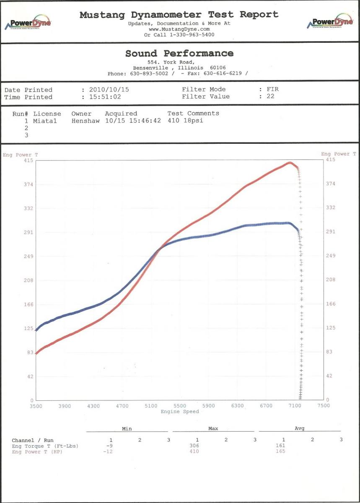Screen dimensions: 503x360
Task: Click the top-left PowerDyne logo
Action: [28, 23]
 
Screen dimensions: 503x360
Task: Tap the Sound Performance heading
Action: [179, 54]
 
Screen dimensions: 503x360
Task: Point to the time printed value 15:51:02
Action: [105, 97]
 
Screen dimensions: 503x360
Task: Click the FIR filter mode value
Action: [272, 89]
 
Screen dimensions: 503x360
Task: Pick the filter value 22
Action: [270, 96]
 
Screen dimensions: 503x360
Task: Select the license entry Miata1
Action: [45, 121]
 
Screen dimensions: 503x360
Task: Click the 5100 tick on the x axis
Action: [151, 406]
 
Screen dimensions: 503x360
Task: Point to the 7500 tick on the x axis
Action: [324, 406]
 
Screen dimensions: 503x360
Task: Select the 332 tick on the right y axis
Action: [331, 207]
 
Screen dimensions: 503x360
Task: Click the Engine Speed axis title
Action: [180, 412]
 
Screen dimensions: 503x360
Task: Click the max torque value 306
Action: [194, 446]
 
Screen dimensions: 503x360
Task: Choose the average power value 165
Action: [281, 451]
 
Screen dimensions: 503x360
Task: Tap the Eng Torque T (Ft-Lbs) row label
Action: [45, 446]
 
